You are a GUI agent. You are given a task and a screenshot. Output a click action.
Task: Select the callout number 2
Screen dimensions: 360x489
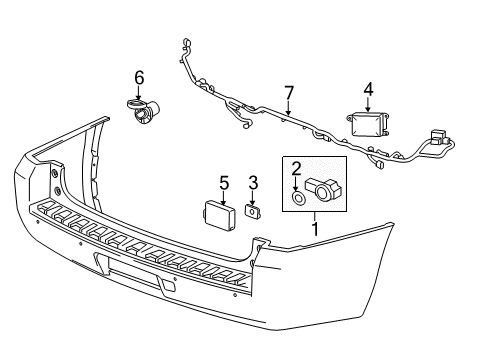point(297,169)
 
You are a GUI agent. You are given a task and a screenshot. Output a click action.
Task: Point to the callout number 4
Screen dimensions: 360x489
point(368,89)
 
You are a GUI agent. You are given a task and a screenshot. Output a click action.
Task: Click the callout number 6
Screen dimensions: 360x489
point(139,77)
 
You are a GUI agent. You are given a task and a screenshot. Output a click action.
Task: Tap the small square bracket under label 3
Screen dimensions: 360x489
point(252,211)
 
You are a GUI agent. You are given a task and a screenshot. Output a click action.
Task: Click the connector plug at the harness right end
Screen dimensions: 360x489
point(438,139)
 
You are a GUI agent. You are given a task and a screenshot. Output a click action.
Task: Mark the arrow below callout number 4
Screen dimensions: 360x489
point(367,104)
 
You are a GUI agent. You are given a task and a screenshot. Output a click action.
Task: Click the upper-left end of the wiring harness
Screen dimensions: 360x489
point(186,45)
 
